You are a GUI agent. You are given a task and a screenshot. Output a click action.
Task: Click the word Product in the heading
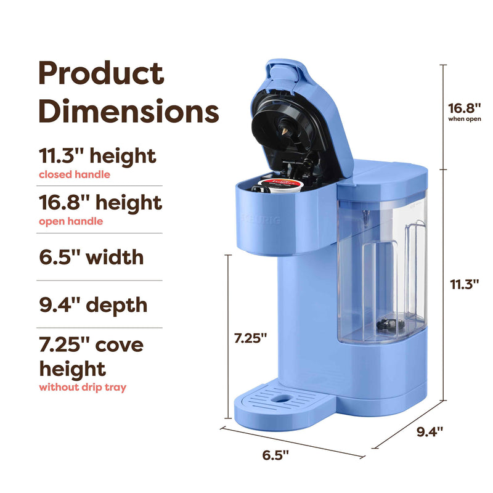[x=101, y=73]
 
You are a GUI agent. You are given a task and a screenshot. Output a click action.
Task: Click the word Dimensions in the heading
[x=129, y=110]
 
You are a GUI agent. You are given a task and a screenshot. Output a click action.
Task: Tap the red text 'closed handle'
[x=75, y=174]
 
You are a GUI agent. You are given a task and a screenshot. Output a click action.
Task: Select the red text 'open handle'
[x=71, y=221]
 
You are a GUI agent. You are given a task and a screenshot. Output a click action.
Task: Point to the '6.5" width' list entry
[x=91, y=257]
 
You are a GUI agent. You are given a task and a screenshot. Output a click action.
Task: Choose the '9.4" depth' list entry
[x=94, y=305]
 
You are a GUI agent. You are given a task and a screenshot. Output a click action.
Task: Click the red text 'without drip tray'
[x=83, y=387]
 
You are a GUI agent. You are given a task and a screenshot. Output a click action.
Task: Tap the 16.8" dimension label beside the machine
[x=465, y=108]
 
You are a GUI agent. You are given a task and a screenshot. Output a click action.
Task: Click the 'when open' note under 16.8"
[x=465, y=119]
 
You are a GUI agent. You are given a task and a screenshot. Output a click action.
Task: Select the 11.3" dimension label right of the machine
[x=465, y=284]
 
